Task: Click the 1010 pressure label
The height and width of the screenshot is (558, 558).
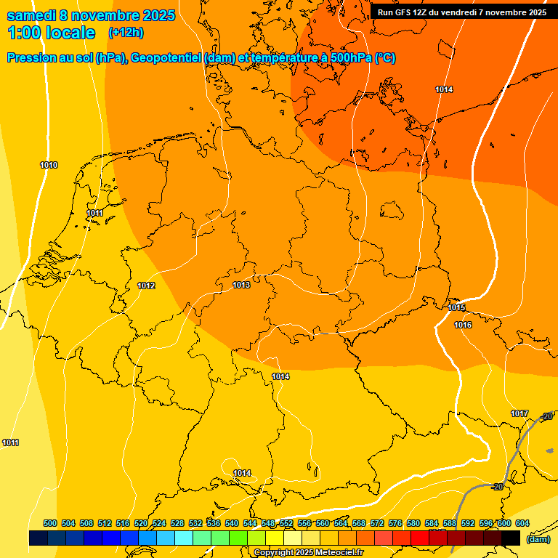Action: point(49,165)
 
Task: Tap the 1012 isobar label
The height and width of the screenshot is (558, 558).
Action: point(146,286)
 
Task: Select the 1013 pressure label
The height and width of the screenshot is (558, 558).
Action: point(241,285)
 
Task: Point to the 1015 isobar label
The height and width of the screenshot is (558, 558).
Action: point(456,307)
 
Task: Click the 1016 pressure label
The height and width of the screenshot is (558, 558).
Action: point(463,325)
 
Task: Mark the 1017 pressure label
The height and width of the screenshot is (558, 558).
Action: point(519,413)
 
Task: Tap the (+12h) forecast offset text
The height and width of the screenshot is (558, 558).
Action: point(126,33)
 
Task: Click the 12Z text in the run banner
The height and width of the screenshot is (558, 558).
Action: point(421,12)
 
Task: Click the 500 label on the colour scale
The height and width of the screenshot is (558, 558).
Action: point(50,523)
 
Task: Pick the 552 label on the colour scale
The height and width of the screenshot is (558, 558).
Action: point(286,523)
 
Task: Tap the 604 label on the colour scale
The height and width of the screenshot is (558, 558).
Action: point(522,523)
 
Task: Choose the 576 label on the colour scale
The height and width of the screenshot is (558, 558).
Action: point(395,523)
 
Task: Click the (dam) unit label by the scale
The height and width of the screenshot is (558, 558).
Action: point(538,539)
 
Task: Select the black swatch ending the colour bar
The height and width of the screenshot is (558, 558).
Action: point(511,538)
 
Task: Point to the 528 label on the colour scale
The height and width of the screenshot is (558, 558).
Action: point(177,523)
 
